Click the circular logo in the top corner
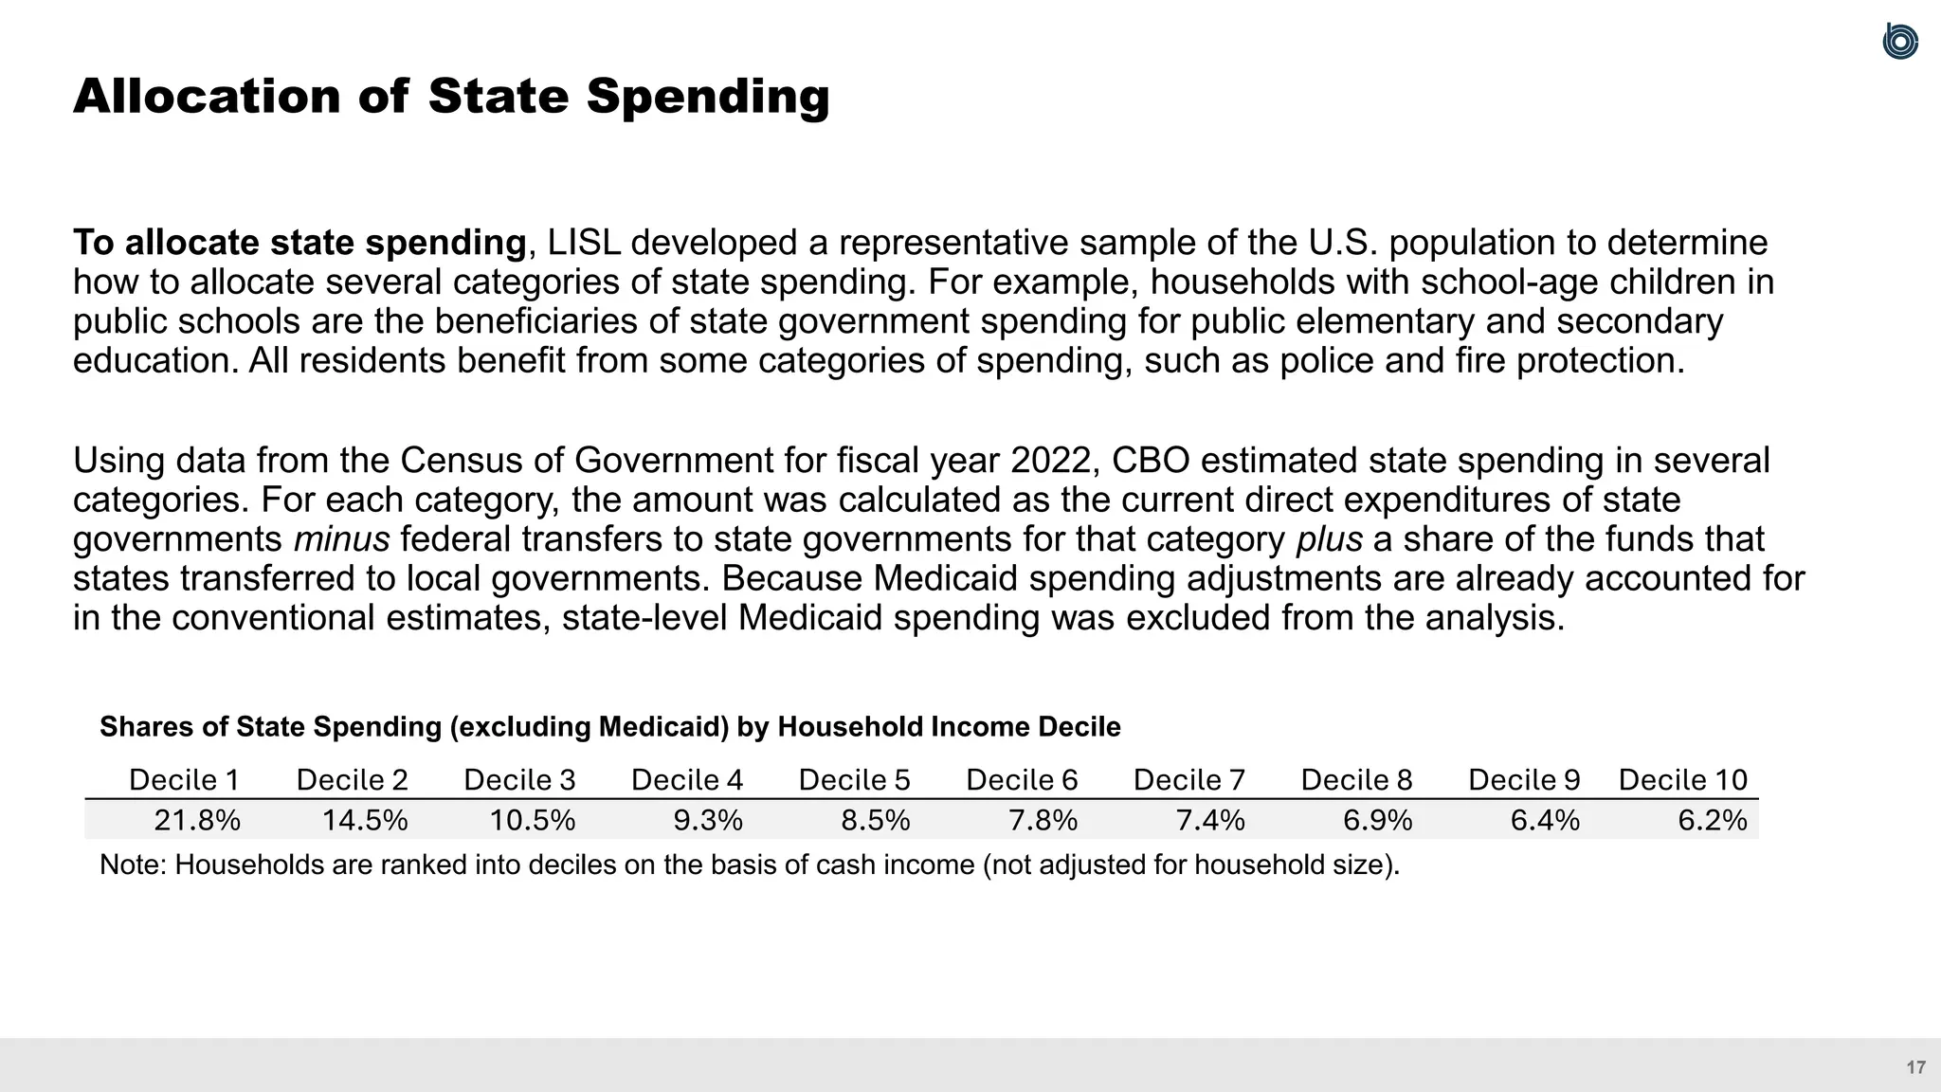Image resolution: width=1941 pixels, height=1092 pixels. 1900,42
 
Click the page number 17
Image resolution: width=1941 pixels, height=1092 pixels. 1915,1067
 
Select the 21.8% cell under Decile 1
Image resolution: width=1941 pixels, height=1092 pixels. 197,820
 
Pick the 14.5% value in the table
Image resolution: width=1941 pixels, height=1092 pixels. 365,820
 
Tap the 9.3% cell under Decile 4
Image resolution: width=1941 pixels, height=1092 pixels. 707,820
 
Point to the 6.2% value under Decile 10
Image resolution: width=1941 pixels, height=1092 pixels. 1712,820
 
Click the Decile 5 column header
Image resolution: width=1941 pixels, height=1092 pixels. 854,780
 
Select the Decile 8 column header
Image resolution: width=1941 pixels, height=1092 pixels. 1356,780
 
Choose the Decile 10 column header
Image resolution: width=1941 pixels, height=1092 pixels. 1682,780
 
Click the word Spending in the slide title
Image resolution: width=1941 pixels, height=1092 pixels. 707,98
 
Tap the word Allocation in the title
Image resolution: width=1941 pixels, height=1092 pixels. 207,98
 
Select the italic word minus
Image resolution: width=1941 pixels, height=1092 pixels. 341,539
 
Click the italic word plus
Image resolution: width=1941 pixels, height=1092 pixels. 1329,539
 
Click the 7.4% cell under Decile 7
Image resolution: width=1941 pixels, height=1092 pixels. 1210,820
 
